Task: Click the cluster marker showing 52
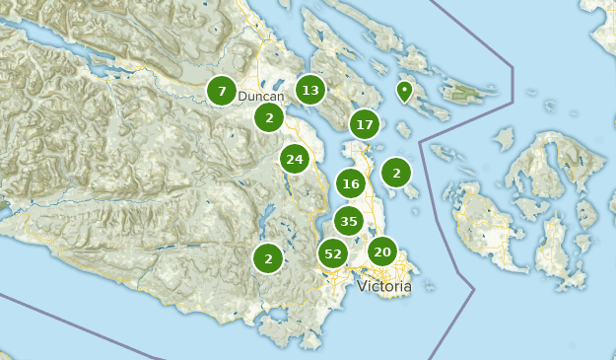[333, 253]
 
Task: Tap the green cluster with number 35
[349, 222]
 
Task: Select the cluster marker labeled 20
[382, 252]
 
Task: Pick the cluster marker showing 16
[351, 183]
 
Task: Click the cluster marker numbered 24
[294, 158]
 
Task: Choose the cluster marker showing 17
[365, 124]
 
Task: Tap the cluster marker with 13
[310, 91]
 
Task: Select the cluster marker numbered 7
[222, 92]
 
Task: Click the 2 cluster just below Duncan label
[268, 118]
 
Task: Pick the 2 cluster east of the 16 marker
[396, 173]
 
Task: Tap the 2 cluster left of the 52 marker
[267, 258]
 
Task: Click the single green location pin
[404, 92]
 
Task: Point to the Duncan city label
[260, 97]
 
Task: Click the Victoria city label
[384, 286]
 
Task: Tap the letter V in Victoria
[362, 286]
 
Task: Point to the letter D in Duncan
[242, 97]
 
